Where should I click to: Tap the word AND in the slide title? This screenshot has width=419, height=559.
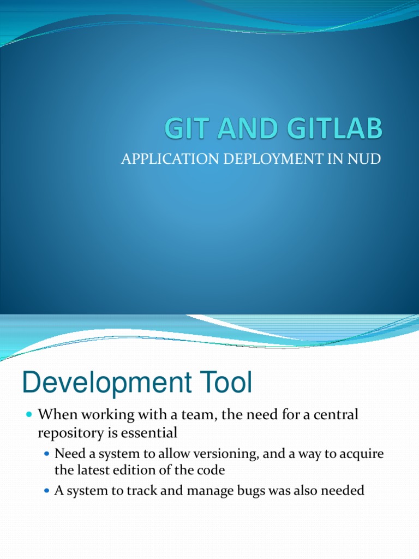[243, 130]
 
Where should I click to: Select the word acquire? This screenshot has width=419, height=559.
[364, 454]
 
